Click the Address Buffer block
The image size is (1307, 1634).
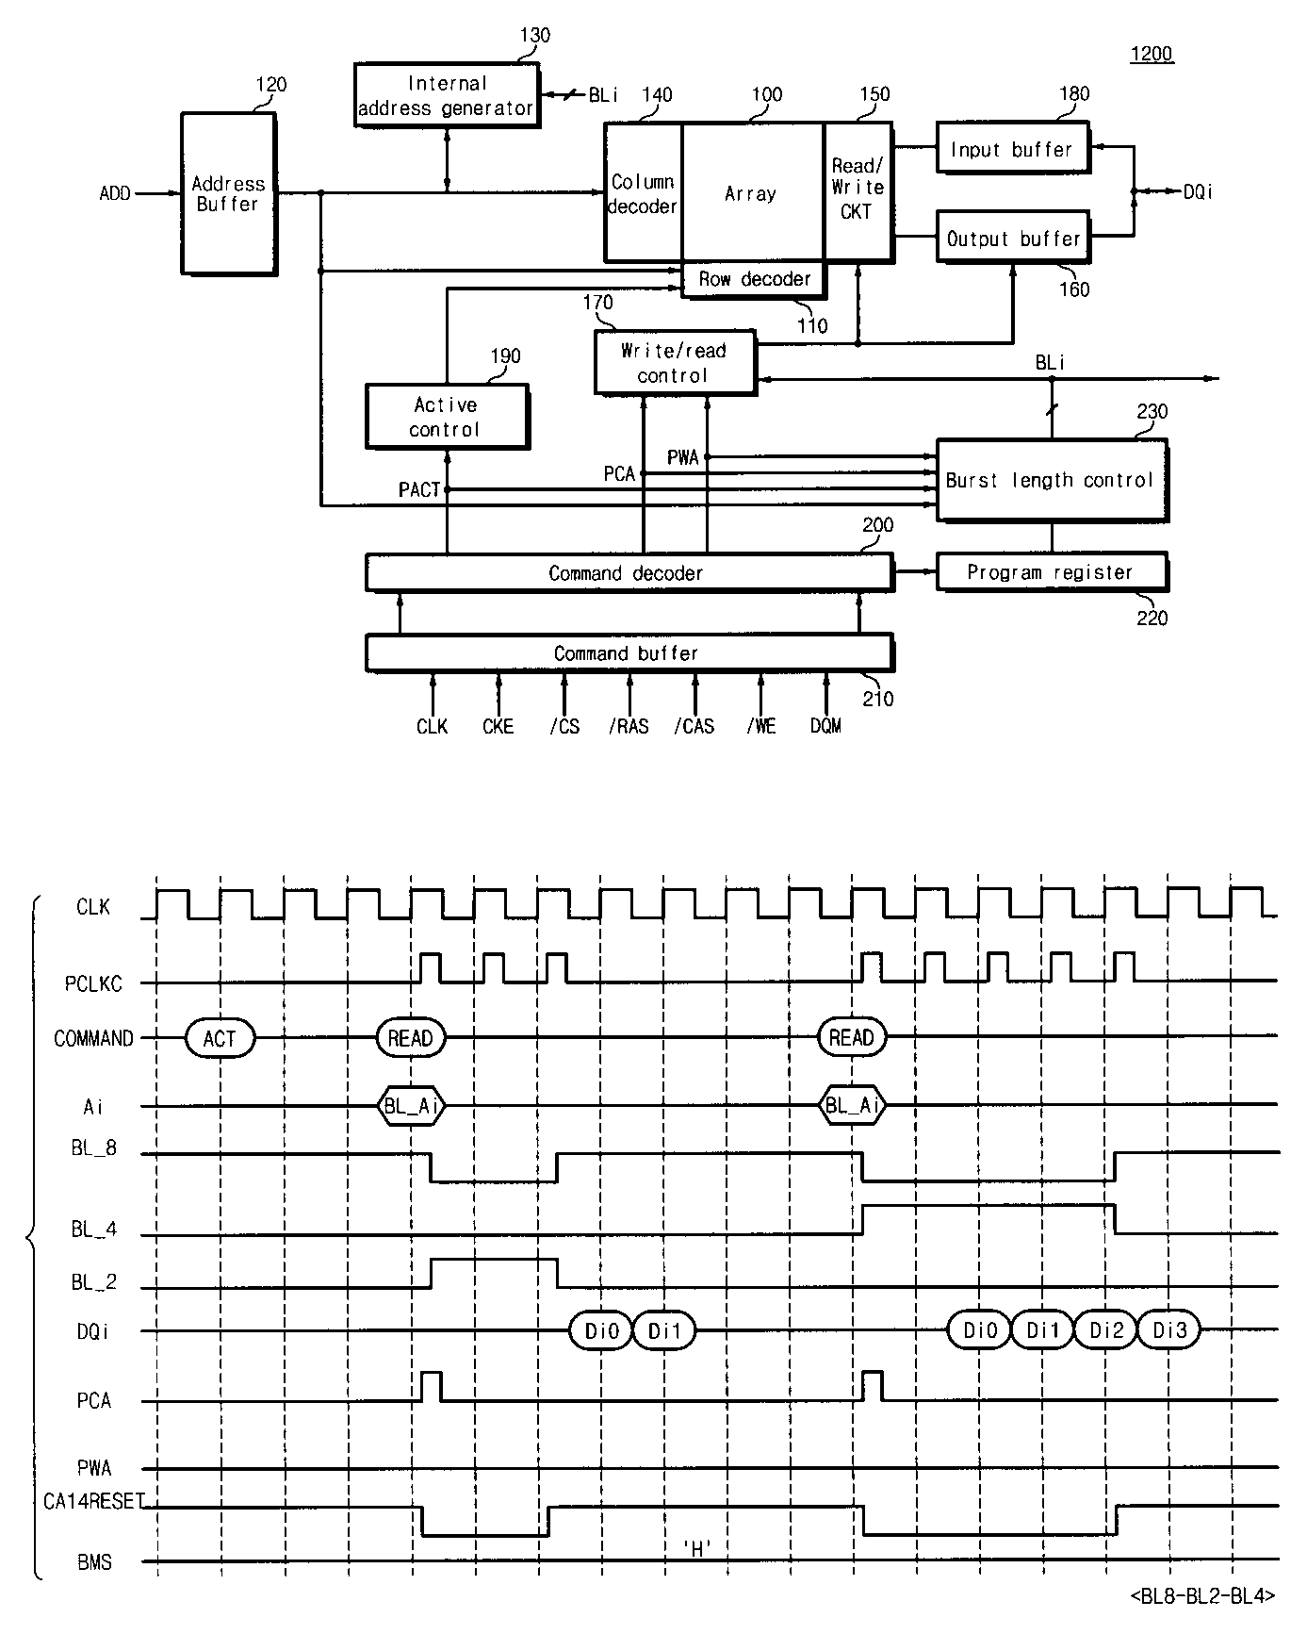(x=228, y=193)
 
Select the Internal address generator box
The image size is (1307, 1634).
(x=446, y=95)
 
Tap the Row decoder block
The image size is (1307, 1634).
(x=754, y=279)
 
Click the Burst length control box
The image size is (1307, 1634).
(x=1051, y=480)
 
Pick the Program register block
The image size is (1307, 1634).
(x=1051, y=572)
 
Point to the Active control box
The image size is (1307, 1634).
(x=446, y=417)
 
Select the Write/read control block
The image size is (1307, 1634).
(x=674, y=362)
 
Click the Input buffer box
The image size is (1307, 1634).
(x=1012, y=149)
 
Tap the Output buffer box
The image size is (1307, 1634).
(x=1012, y=239)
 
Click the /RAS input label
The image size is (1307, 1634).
(x=629, y=726)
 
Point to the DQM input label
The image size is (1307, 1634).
(x=825, y=726)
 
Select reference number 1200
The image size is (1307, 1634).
(x=1152, y=54)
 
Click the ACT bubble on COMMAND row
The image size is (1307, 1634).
(x=220, y=1038)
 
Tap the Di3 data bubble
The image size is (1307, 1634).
(x=1169, y=1330)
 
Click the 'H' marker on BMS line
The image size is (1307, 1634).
(x=696, y=1547)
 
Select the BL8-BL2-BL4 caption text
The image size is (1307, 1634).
(x=1202, y=1595)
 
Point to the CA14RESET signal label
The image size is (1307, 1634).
(x=92, y=1501)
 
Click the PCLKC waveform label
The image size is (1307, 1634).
(x=93, y=983)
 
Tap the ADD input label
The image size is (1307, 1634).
(x=115, y=193)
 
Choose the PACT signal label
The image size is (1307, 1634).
(x=419, y=490)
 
